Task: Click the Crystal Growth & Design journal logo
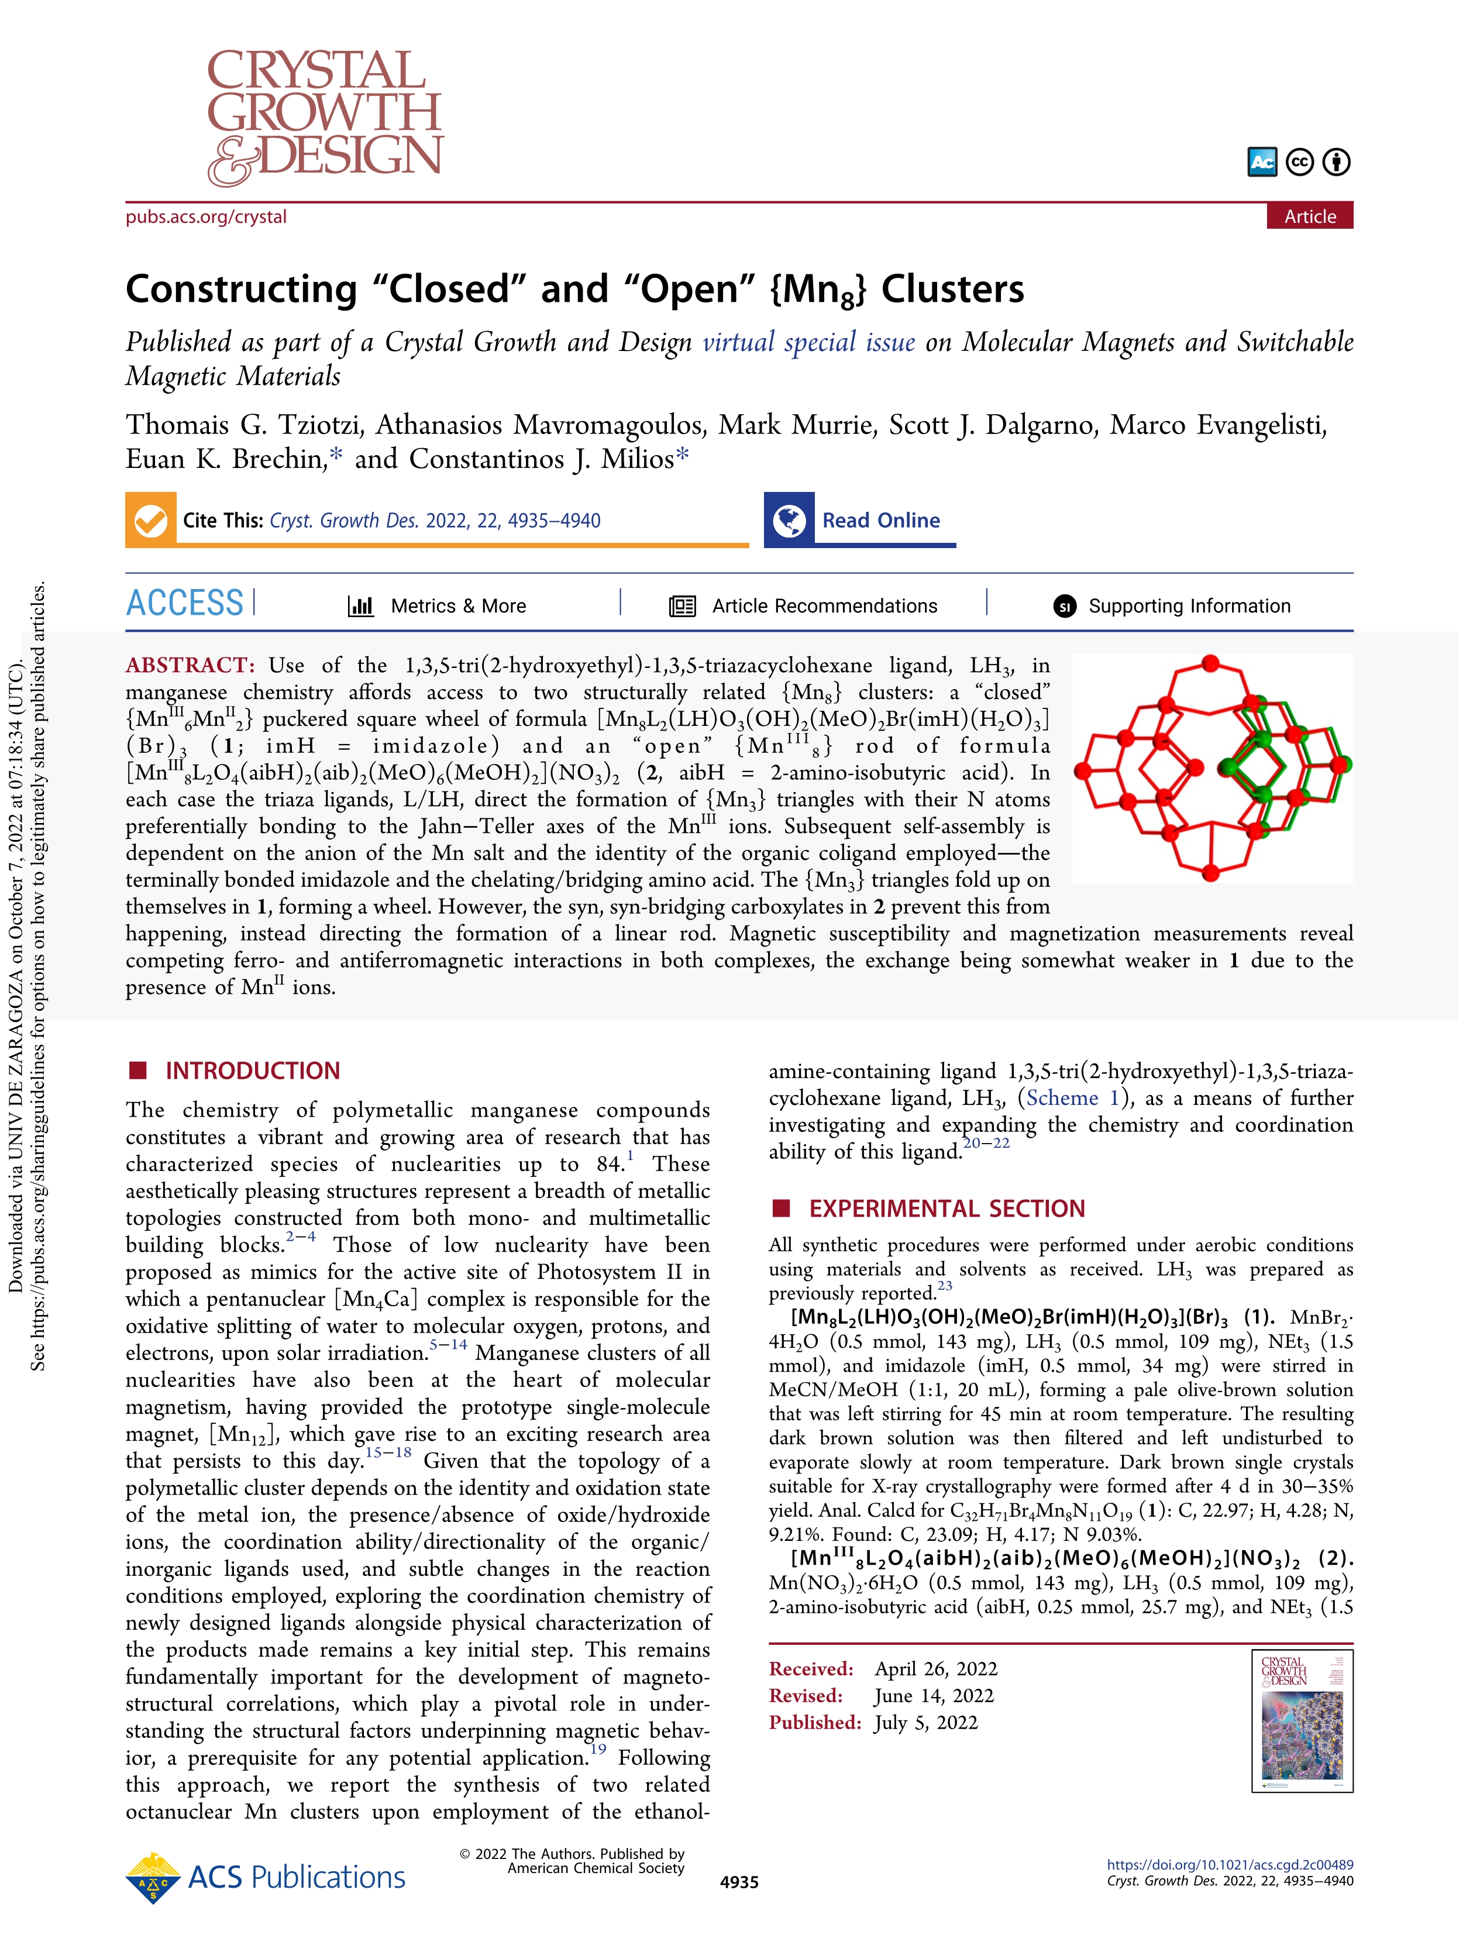pyautogui.click(x=325, y=118)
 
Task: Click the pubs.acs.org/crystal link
pyautogui.click(x=206, y=217)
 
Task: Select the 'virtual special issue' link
pyautogui.click(x=808, y=342)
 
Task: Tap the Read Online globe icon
pyautogui.click(x=789, y=521)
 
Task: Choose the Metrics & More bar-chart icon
pyautogui.click(x=361, y=606)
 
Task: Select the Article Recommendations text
pyautogui.click(x=824, y=606)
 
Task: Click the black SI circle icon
pyautogui.click(x=1064, y=606)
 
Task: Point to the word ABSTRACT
pyautogui.click(x=190, y=665)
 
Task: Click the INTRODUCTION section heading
pyautogui.click(x=252, y=1070)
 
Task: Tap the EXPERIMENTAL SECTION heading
pyautogui.click(x=947, y=1208)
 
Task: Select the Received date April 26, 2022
pyautogui.click(x=935, y=1669)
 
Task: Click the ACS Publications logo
pyautogui.click(x=266, y=1877)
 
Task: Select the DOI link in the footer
pyautogui.click(x=1230, y=1865)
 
